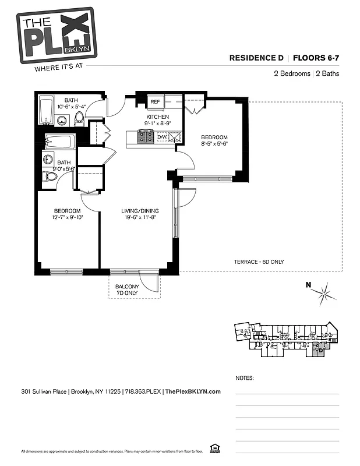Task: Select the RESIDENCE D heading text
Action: click(256, 58)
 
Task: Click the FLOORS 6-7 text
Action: click(316, 58)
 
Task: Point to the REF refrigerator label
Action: click(155, 102)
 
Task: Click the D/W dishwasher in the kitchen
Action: click(162, 137)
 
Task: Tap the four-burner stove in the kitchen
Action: click(146, 137)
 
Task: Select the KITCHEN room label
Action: click(157, 116)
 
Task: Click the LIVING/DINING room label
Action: click(140, 211)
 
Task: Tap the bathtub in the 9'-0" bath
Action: click(59, 142)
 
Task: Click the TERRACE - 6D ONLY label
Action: click(259, 262)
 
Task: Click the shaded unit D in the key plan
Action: click(319, 350)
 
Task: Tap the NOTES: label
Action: click(245, 378)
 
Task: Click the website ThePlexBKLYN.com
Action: click(193, 391)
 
